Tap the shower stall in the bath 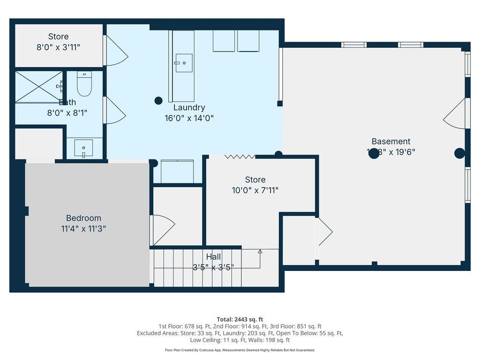(x=39, y=87)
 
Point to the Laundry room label (x=189, y=107)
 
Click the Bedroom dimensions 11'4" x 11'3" (x=83, y=229)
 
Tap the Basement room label (x=390, y=141)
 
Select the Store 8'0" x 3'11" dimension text (x=58, y=47)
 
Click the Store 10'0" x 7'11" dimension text (x=255, y=190)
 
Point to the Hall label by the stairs (x=213, y=256)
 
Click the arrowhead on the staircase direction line (x=260, y=252)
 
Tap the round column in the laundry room (x=158, y=100)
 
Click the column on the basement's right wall (x=459, y=153)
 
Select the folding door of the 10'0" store (x=240, y=157)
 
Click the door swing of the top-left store (x=115, y=51)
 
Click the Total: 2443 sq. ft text (x=240, y=319)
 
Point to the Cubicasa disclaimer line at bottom (x=240, y=350)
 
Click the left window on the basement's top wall (x=353, y=45)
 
